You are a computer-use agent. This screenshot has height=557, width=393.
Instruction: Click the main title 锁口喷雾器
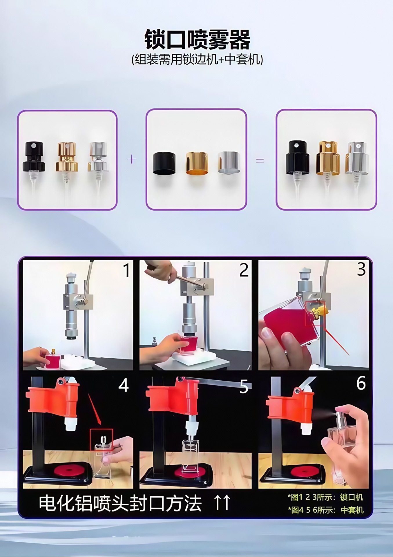197,39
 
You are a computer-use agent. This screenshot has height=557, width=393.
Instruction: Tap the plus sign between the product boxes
132,159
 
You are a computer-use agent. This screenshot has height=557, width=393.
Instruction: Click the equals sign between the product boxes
260,160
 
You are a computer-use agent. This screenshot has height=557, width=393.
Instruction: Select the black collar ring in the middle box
164,163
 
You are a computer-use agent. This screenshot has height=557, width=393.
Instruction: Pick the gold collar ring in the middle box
197,163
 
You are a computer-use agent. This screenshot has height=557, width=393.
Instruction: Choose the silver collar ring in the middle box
229,162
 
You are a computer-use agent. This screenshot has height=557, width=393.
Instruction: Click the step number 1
126,270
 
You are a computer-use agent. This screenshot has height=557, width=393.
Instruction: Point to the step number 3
361,270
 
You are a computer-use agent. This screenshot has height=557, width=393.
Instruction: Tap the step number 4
124,385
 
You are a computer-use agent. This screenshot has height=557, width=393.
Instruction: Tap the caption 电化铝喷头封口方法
120,503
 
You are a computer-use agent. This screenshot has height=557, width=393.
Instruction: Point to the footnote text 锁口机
352,497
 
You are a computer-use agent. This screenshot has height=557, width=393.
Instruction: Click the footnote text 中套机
352,510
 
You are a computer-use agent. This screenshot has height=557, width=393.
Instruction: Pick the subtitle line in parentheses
197,59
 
